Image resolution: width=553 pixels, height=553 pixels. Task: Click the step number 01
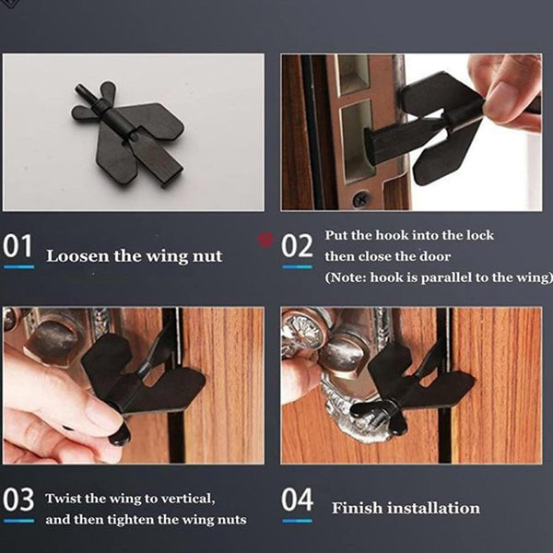tap(18, 247)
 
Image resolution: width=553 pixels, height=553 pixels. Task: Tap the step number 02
tap(297, 247)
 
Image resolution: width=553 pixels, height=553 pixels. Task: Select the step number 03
tap(18, 500)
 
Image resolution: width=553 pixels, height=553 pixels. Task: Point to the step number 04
tap(297, 500)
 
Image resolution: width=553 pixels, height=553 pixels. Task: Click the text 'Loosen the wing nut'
tap(135, 255)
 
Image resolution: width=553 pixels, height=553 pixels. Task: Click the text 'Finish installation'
tap(406, 508)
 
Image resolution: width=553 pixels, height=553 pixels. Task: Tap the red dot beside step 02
tap(268, 239)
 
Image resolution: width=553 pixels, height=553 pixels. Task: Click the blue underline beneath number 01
tap(18, 266)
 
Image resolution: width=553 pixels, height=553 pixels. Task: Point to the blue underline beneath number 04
tap(297, 520)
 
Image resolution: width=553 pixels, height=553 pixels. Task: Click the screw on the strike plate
tap(362, 198)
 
